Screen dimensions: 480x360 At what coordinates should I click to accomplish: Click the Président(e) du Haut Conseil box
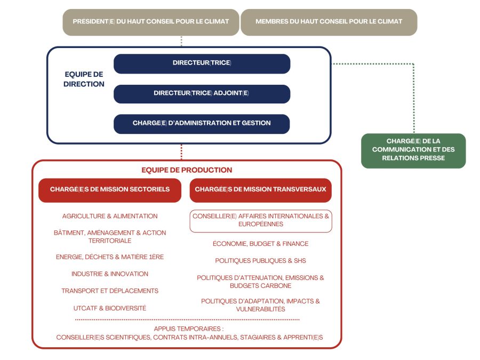click(x=151, y=22)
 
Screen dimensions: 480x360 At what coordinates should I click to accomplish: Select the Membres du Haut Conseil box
click(x=329, y=22)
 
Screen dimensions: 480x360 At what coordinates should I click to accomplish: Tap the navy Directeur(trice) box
click(x=202, y=63)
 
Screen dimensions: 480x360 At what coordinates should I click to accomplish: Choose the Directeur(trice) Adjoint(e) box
click(x=202, y=94)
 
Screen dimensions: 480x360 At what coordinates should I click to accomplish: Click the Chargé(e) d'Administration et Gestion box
click(x=202, y=124)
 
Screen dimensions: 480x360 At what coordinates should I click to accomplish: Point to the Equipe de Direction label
click(x=84, y=79)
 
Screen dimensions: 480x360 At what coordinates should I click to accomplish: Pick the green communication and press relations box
click(x=413, y=150)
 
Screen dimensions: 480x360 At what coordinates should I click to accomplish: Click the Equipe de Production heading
click(x=187, y=170)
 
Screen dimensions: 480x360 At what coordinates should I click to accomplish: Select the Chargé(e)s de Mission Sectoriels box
click(x=110, y=190)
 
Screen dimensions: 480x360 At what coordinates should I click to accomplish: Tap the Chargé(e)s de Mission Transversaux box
click(x=260, y=190)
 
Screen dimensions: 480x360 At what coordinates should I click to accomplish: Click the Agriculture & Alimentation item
click(x=110, y=216)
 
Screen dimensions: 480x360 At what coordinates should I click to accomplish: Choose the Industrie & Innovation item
click(x=110, y=274)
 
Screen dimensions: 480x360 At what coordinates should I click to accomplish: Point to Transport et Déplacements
click(x=110, y=291)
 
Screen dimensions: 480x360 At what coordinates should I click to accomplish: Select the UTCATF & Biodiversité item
click(x=110, y=308)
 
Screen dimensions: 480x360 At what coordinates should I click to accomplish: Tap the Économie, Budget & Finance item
click(x=260, y=244)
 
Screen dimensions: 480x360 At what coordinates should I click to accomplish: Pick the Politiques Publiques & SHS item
click(x=260, y=260)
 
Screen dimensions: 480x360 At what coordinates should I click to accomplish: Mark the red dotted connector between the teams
click(x=181, y=152)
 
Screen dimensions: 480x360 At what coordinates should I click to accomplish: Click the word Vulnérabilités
click(x=260, y=309)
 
